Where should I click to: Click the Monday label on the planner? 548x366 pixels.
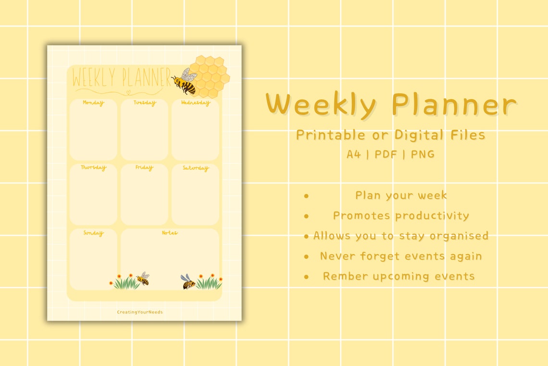pyautogui.click(x=93, y=103)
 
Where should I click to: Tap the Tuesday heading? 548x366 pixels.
pyautogui.click(x=145, y=103)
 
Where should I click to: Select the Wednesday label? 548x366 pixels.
pyautogui.click(x=196, y=103)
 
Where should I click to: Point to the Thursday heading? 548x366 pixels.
pyautogui.click(x=93, y=168)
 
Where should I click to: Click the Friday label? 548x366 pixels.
pyautogui.click(x=144, y=168)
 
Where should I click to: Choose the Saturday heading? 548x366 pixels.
pyautogui.click(x=196, y=168)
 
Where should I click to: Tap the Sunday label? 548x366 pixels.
pyautogui.click(x=93, y=233)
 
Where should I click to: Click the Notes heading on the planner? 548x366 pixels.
pyautogui.click(x=170, y=233)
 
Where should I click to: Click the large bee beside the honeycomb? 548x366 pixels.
pyautogui.click(x=185, y=81)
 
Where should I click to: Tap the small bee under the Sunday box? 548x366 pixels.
pyautogui.click(x=143, y=278)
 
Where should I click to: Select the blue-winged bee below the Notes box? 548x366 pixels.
pyautogui.click(x=187, y=282)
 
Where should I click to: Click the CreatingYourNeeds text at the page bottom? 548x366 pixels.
pyautogui.click(x=140, y=312)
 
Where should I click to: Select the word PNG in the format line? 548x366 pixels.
pyautogui.click(x=423, y=155)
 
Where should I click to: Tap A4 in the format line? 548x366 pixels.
pyautogui.click(x=354, y=155)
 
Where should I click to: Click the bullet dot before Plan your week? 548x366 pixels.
pyautogui.click(x=306, y=196)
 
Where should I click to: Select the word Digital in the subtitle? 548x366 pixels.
pyautogui.click(x=417, y=135)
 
